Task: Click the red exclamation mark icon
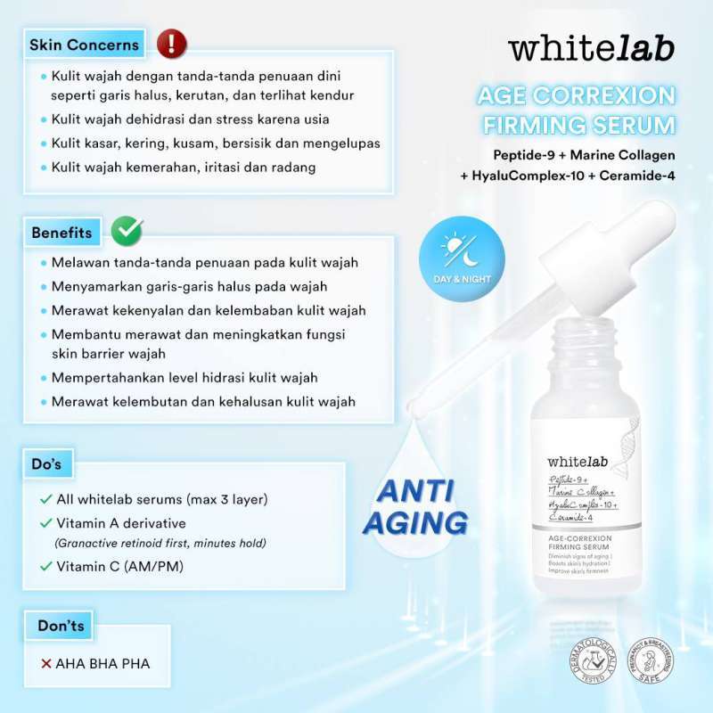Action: coord(171,43)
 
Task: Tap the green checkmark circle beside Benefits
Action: coord(127,231)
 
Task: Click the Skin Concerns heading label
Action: coord(84,45)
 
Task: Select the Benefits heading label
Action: coord(61,233)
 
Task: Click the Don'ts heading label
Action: coord(61,626)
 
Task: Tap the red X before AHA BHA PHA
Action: coord(45,663)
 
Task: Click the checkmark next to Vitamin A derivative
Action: coord(45,522)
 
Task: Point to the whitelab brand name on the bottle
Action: coord(577,461)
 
